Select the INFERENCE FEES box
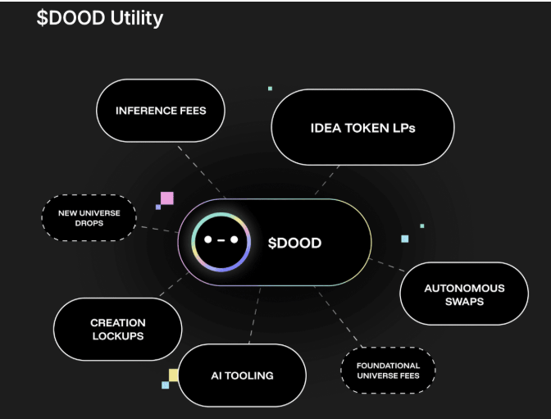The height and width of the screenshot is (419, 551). [x=160, y=111]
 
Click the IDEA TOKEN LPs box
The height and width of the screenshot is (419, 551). [x=362, y=128]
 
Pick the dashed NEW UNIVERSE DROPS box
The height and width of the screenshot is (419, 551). [x=89, y=218]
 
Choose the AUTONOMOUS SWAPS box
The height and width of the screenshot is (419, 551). [x=464, y=294]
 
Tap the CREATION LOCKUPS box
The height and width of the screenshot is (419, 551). [x=117, y=329]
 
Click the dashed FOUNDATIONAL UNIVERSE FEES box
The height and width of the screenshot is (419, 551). [x=388, y=371]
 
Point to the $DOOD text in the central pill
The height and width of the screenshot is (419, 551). [x=294, y=243]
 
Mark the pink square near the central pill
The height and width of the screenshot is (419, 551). [x=166, y=198]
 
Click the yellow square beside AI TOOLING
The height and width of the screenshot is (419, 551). [x=174, y=376]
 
